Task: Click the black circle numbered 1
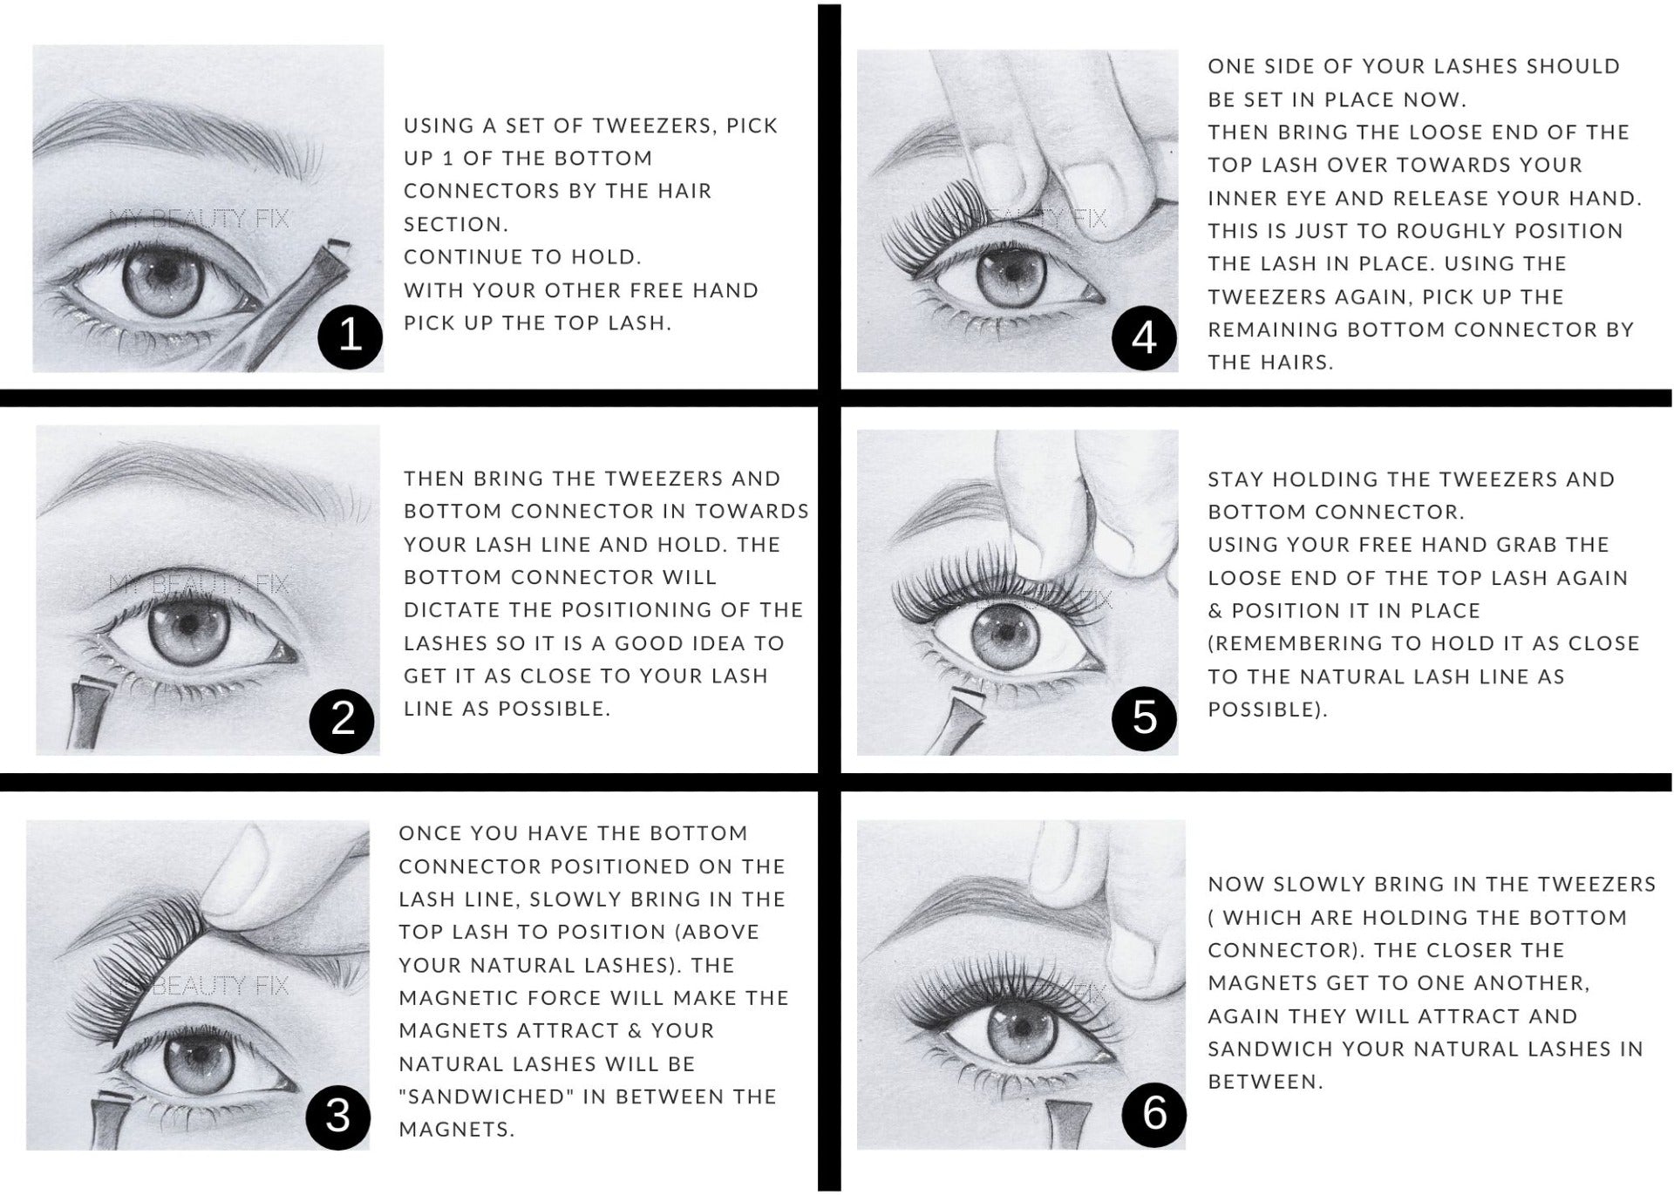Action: (350, 336)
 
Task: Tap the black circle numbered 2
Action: (343, 720)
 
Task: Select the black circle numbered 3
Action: (337, 1117)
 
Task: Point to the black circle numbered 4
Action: (1144, 338)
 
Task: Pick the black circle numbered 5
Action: (1145, 719)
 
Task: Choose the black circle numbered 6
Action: (1153, 1115)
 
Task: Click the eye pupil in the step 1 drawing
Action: (165, 273)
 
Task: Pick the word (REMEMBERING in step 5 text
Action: (1293, 643)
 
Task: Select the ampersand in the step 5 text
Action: (1215, 610)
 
